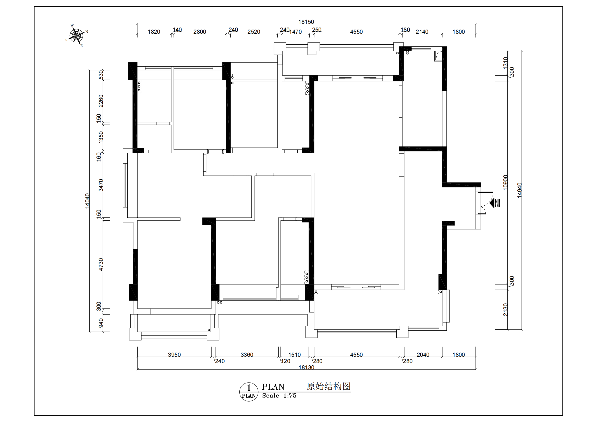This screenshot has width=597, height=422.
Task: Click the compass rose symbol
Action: tap(77, 36)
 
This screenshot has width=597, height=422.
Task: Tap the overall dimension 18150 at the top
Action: tap(306, 22)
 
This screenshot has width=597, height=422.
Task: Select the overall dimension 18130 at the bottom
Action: tap(306, 367)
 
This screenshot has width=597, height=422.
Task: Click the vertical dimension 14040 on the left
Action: tap(87, 201)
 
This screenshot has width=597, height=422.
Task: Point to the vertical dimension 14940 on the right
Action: tap(519, 190)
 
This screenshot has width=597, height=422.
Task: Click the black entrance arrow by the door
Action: tap(492, 203)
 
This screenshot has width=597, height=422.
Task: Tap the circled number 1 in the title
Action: tap(249, 388)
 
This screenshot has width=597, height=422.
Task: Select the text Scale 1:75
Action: tap(279, 395)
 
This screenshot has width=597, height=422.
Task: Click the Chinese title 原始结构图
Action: tap(329, 386)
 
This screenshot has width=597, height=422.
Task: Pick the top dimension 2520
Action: tap(254, 32)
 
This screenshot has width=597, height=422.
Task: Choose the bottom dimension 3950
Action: tap(174, 355)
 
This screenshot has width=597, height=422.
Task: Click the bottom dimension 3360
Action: tap(247, 355)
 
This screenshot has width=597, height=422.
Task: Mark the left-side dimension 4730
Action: tap(101, 265)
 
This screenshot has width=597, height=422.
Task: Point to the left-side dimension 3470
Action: tap(101, 185)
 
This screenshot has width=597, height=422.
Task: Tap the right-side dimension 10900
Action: tap(505, 182)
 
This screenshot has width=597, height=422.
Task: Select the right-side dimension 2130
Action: tap(505, 310)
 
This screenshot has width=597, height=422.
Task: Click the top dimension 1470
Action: tap(296, 32)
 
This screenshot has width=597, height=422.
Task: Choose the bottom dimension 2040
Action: tap(423, 355)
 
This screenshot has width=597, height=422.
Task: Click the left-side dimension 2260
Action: tap(101, 101)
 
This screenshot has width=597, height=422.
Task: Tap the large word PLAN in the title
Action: tap(273, 387)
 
